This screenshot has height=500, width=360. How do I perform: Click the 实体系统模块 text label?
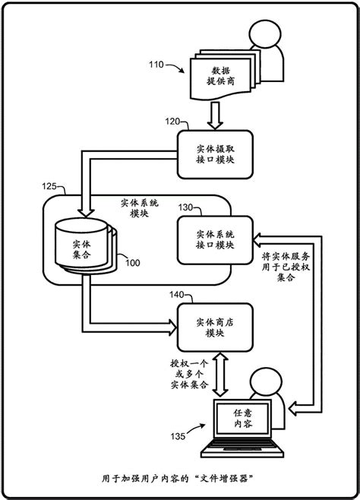140,209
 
